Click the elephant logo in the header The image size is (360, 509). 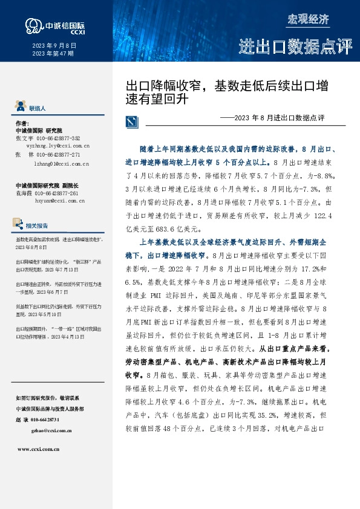click(32, 25)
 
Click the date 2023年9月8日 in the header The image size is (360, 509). click(54, 46)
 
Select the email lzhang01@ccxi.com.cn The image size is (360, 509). click(62, 163)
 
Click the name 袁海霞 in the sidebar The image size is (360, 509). click(23, 192)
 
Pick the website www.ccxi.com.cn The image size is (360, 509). click(38, 449)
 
